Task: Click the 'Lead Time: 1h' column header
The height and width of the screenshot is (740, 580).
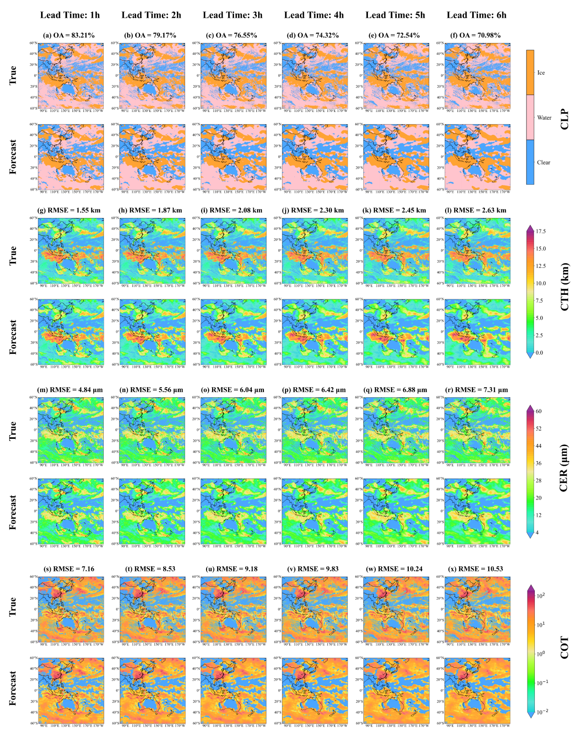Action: pos(70,15)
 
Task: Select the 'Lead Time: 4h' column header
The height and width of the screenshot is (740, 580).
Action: pos(314,15)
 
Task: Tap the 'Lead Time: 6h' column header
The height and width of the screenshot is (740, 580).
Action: pos(477,15)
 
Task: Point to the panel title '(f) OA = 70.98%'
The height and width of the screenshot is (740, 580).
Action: pos(477,35)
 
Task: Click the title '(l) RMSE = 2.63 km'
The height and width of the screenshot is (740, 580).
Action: pos(477,210)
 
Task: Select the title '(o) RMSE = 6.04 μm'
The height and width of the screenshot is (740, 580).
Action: pos(233,390)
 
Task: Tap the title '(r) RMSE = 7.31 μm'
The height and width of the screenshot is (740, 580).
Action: pos(477,390)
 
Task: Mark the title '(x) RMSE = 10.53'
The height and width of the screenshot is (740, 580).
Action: pos(477,569)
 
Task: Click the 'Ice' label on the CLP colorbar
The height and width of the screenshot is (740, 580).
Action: pos(541,73)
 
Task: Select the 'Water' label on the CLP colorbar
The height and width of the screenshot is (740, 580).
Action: pos(544,117)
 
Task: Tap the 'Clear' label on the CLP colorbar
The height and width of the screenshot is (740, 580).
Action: pos(543,162)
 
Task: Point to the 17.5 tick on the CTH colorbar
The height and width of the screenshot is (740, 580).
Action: pos(541,231)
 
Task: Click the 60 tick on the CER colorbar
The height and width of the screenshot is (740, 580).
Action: pos(539,411)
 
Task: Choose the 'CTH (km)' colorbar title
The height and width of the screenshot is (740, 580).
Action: pos(565,287)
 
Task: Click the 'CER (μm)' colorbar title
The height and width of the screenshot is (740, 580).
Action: pos(565,467)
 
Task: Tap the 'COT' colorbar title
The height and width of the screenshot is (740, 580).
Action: pos(565,647)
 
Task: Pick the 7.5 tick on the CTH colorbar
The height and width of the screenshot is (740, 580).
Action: pos(539,301)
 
